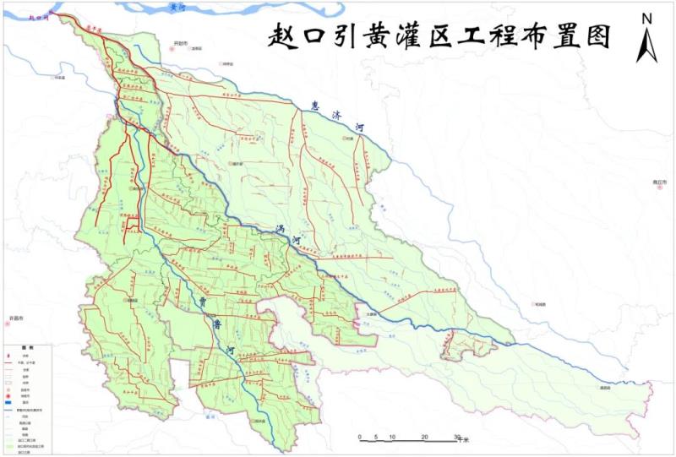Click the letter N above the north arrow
point(646,18)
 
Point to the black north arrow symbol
point(646,44)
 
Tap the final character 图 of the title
point(596,36)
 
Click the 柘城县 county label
point(540,304)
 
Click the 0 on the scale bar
point(361,436)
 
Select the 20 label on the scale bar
point(425,436)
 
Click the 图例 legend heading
point(30,347)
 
